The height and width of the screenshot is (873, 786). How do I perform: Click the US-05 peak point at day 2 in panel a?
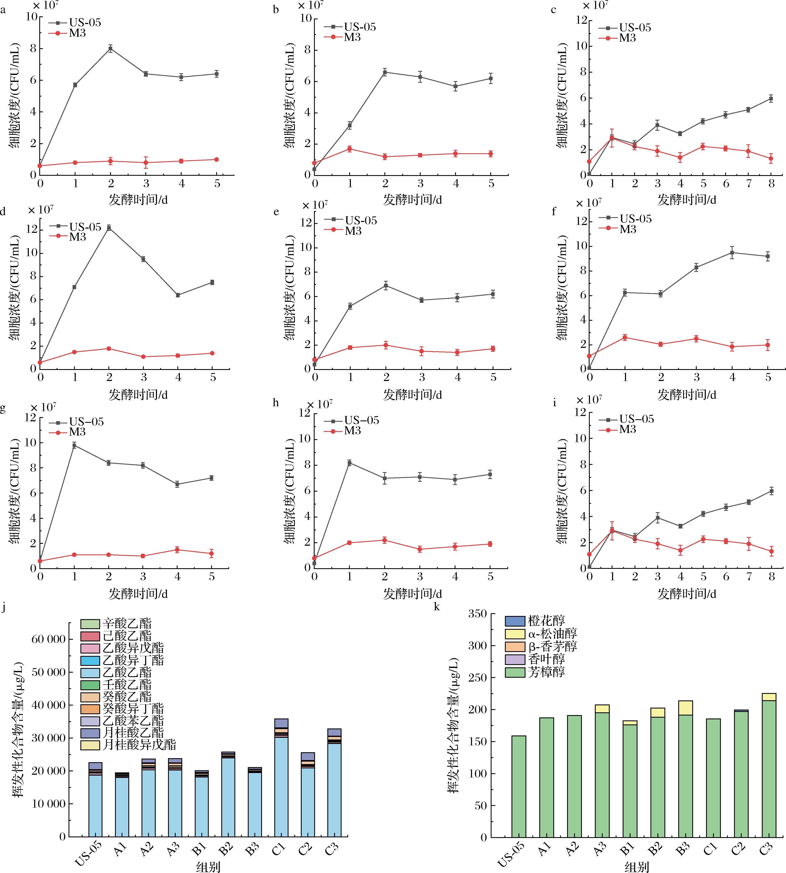tap(111, 49)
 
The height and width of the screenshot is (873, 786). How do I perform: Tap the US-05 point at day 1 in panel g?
tap(74, 445)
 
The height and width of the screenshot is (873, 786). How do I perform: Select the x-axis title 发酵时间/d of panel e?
tap(412, 394)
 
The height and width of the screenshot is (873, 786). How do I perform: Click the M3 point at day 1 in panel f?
tap(625, 337)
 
